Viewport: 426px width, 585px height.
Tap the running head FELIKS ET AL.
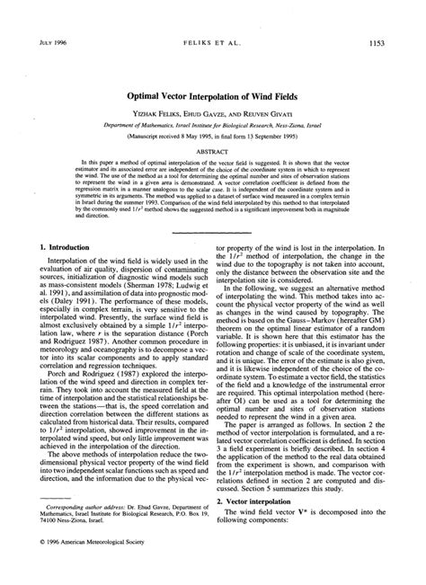212,41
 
